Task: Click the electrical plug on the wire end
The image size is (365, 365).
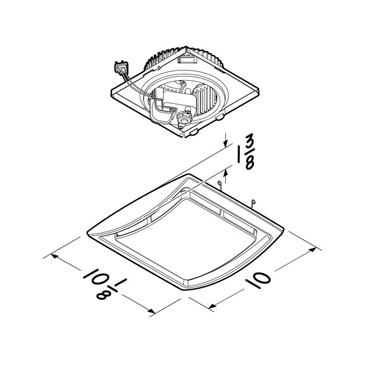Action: (x=121, y=67)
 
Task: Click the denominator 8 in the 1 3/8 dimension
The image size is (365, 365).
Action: (x=249, y=162)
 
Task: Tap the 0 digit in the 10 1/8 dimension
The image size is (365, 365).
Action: (x=98, y=277)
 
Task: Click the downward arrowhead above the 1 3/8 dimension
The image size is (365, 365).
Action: (x=225, y=144)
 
